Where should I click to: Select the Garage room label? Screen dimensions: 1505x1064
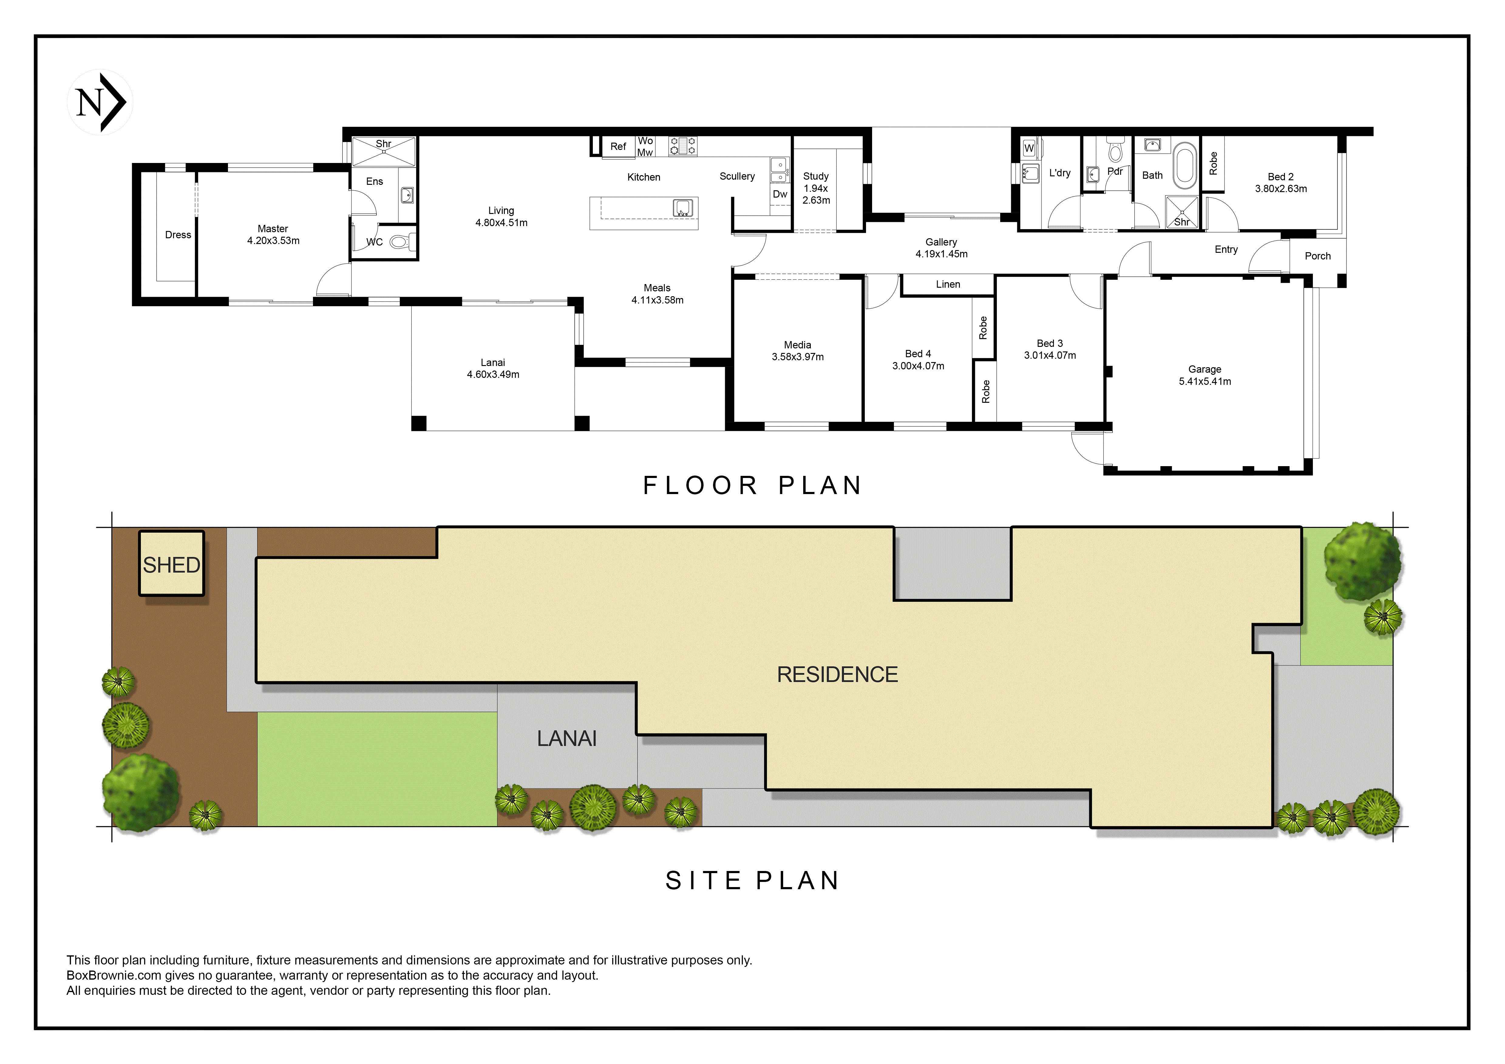pos(1205,370)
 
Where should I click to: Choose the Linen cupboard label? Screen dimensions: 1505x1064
pos(948,284)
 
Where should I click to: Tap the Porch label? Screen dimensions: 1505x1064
pos(1317,256)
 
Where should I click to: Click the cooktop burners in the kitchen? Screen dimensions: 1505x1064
pos(682,146)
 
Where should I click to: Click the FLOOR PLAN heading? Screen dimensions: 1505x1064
pos(753,486)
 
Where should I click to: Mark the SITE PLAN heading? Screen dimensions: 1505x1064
pos(753,881)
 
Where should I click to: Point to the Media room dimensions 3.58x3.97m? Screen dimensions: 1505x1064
pos(798,357)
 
